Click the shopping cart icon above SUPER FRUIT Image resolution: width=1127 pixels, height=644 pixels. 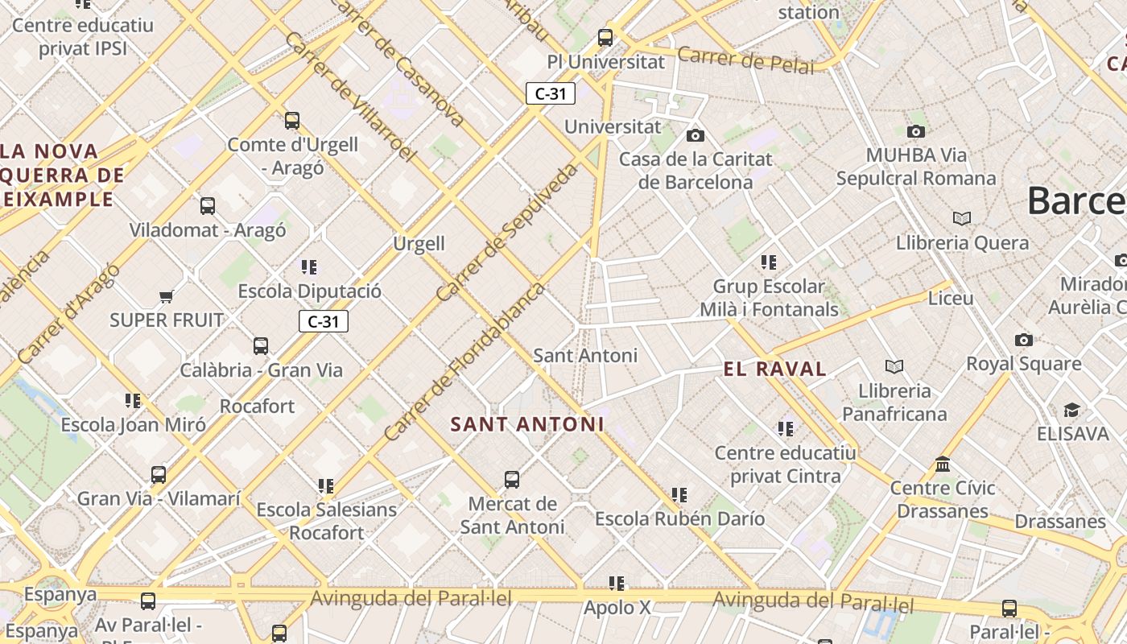click(x=167, y=297)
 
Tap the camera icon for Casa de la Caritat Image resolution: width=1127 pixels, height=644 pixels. click(x=696, y=135)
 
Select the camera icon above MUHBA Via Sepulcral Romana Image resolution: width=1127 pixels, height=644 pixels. click(x=915, y=131)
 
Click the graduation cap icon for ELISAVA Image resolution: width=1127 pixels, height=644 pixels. click(x=1071, y=411)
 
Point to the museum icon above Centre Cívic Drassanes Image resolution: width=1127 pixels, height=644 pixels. click(x=943, y=464)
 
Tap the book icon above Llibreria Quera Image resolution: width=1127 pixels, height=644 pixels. click(x=961, y=218)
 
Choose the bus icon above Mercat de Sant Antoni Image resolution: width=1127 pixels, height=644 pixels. click(x=512, y=481)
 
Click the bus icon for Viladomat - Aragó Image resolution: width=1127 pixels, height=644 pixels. click(x=208, y=206)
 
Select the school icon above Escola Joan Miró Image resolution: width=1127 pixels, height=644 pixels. click(x=133, y=400)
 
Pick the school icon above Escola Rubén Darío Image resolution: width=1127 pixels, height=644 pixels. click(x=679, y=494)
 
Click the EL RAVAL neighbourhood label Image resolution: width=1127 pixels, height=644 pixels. click(x=774, y=369)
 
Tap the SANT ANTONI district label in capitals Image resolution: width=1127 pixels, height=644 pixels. click(x=527, y=424)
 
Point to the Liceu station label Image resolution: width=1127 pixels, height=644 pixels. click(x=951, y=299)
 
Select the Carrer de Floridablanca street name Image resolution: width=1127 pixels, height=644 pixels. click(x=464, y=361)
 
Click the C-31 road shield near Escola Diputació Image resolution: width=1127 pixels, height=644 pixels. click(x=324, y=322)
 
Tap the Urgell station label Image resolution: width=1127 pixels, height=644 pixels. click(x=419, y=244)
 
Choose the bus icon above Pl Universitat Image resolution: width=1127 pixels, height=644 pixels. click(x=605, y=38)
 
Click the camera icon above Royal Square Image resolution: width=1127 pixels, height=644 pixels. click(x=1023, y=340)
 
